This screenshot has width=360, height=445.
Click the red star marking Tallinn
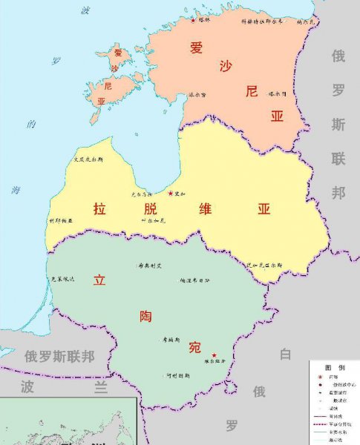[194, 20]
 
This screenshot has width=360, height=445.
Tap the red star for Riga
[171, 194]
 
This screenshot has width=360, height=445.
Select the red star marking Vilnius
[215, 355]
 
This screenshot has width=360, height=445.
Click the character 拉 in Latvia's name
[99, 209]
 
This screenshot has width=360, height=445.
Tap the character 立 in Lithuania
[99, 281]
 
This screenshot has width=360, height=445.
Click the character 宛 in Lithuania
[194, 347]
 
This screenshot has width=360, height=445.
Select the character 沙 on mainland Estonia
[225, 67]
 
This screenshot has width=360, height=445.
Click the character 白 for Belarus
[286, 355]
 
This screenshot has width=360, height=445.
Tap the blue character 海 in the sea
[16, 190]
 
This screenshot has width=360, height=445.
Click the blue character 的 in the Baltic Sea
[31, 125]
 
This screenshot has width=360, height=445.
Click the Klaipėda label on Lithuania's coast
[62, 279]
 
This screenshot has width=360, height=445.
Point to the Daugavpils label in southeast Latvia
[265, 264]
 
